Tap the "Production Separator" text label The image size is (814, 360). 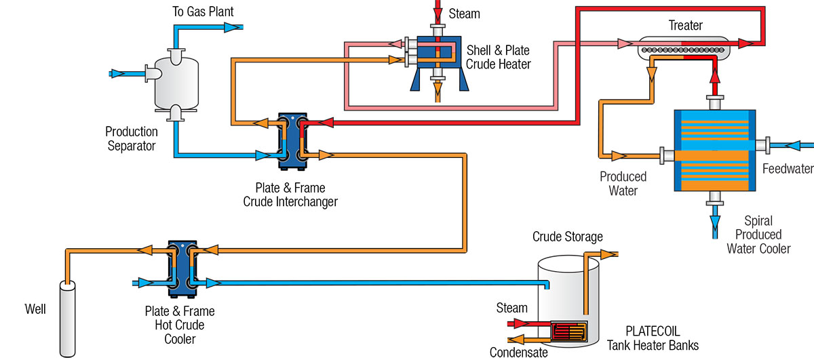coord(132,138)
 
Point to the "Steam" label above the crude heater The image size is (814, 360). coord(465,14)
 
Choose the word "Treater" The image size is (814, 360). coord(685,26)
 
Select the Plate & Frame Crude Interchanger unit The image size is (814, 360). coord(292,140)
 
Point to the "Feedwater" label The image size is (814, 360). coord(787,169)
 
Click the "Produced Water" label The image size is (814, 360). coord(623,184)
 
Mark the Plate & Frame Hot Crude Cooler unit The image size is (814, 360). coord(181,268)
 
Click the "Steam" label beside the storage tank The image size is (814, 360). coord(511,308)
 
